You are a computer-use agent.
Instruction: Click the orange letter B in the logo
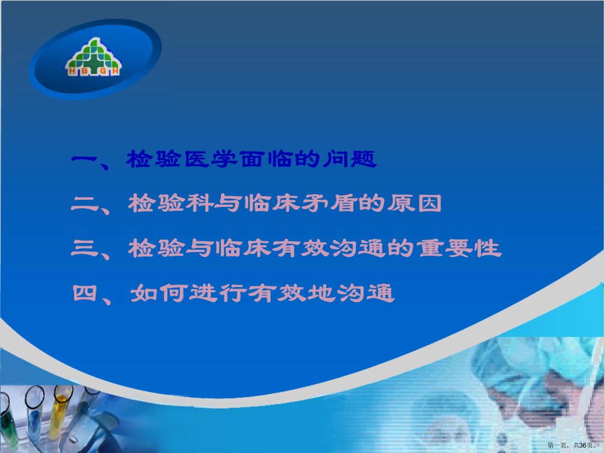point(84,72)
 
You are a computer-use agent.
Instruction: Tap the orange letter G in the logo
point(103,72)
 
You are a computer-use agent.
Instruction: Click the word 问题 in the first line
point(350,159)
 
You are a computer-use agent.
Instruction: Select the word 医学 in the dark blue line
point(211,159)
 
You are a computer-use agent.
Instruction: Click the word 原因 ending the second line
point(414,203)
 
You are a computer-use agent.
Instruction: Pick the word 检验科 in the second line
point(170,203)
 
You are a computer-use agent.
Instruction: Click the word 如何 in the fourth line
point(158,293)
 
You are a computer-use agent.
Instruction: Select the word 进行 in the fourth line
point(217,293)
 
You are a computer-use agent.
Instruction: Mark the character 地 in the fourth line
point(320,293)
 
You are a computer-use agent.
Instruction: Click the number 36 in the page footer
point(583,445)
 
